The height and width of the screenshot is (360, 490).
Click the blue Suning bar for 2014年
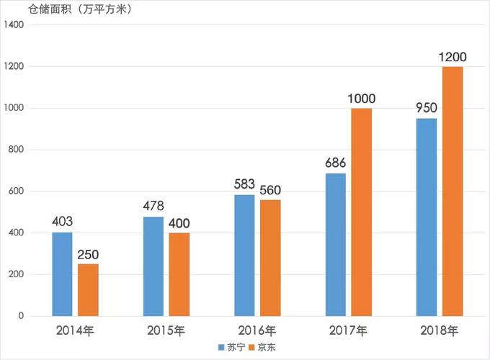[x=62, y=274]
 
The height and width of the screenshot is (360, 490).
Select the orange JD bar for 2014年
[x=88, y=290]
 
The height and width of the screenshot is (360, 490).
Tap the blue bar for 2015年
[x=153, y=266]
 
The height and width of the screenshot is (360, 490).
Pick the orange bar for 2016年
[x=270, y=258]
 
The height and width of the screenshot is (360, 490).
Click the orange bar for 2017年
[x=362, y=212]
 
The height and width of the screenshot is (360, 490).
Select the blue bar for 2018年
[x=427, y=217]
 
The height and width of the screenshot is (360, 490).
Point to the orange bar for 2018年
[x=453, y=192]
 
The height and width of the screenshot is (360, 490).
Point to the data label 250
[x=88, y=254]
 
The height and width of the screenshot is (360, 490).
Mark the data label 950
[x=427, y=109]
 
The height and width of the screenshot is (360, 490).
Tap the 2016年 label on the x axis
[x=257, y=331]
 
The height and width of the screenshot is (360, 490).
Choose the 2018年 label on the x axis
[x=440, y=331]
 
